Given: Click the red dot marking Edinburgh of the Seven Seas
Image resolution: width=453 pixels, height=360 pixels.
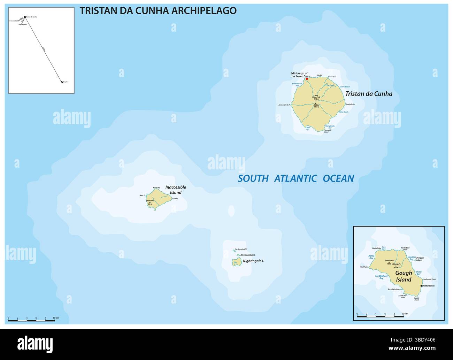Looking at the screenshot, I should pos(307,79).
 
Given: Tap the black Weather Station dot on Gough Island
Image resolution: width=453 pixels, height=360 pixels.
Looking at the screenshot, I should pos(421,286).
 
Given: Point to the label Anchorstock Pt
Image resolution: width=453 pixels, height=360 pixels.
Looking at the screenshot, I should pos(284,105).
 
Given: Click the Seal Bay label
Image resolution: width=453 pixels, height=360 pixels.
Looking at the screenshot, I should pos(308,128).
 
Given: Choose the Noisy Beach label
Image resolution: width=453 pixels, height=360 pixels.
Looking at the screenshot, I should pos(344,112).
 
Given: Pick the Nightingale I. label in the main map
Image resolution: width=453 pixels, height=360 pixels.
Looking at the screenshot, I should pos(253,261).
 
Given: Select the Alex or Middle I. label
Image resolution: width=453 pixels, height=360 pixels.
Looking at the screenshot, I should pos(248,255).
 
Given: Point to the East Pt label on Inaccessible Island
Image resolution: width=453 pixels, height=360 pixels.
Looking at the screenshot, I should pos(175,199).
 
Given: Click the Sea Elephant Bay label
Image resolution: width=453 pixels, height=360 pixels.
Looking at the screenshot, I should pos(381,277).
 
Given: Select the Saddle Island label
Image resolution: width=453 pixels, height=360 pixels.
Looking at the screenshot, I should pos(394,290).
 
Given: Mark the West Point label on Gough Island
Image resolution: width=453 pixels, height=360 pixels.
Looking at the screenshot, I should pos(374,267).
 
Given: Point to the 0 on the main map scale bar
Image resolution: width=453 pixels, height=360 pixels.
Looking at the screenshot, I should pos(8,318).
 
